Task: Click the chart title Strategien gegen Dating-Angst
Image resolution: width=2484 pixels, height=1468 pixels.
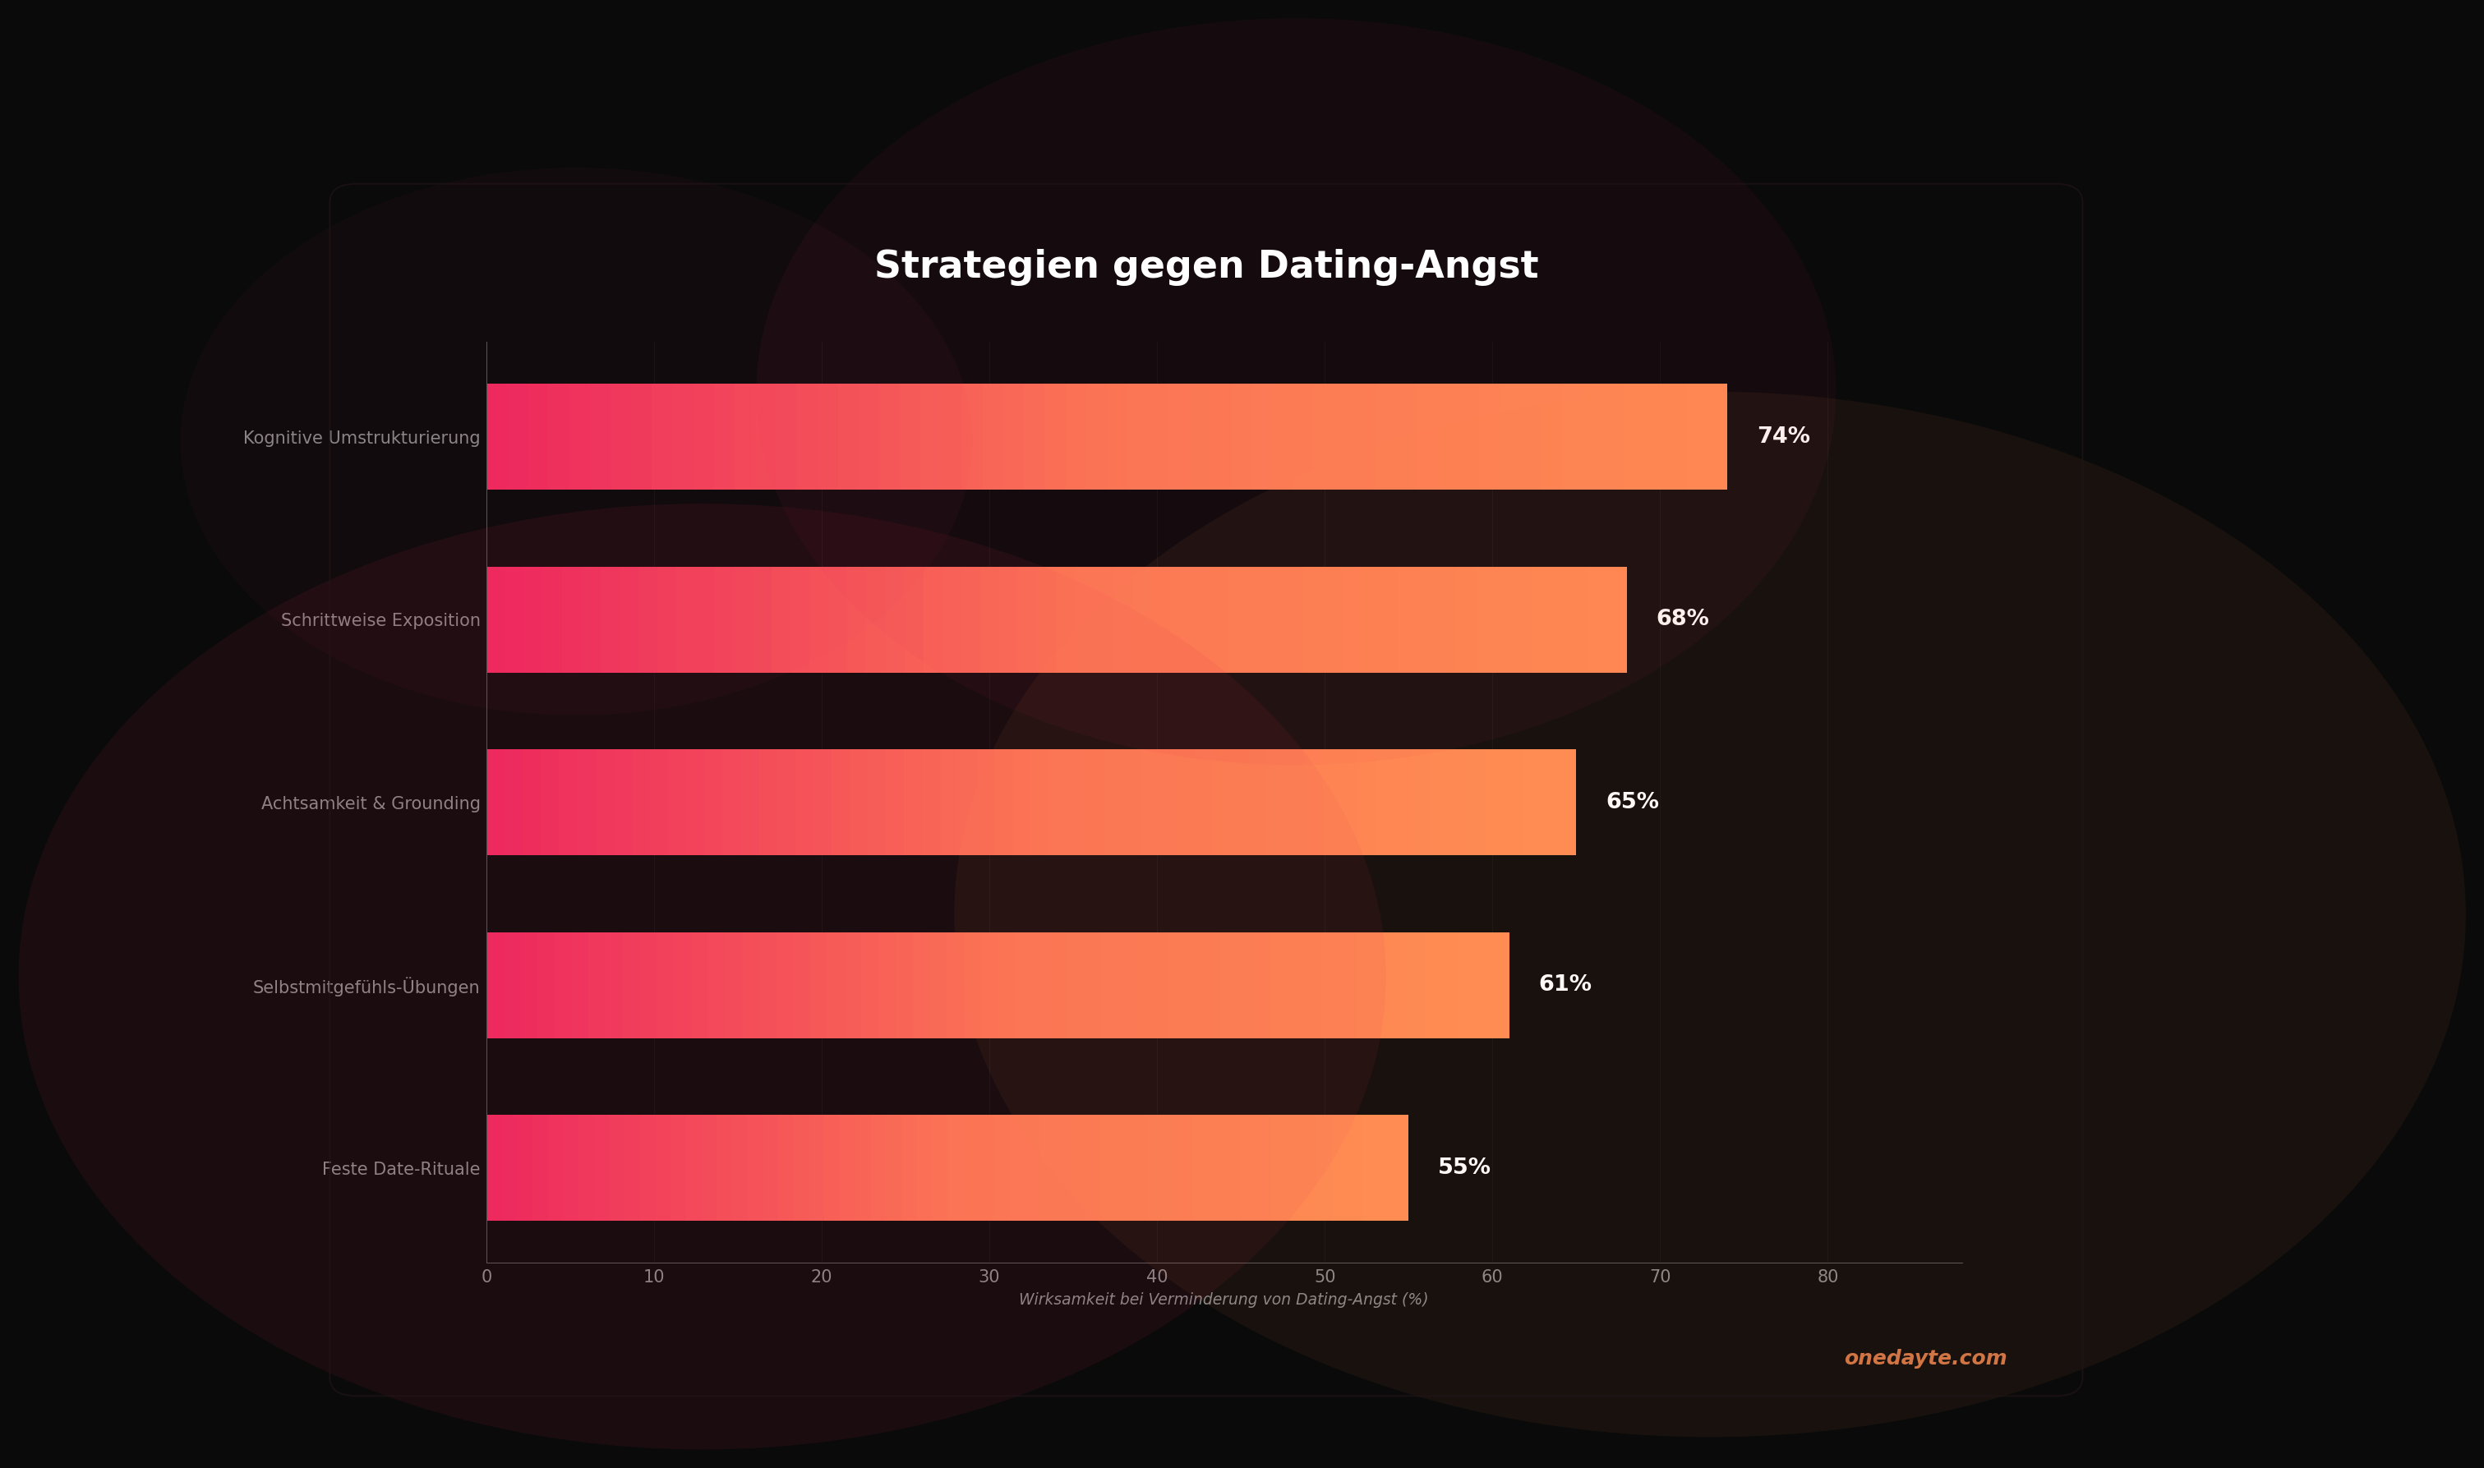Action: [x=1206, y=266]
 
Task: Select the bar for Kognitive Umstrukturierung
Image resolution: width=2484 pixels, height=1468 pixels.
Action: [x=1106, y=436]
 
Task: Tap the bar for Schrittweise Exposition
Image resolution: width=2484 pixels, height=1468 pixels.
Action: [x=1056, y=619]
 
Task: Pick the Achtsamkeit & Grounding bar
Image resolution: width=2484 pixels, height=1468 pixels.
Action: [x=1030, y=803]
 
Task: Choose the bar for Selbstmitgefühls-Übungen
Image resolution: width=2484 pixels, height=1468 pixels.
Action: [x=998, y=985]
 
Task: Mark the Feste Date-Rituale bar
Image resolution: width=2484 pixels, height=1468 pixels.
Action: [x=947, y=1167]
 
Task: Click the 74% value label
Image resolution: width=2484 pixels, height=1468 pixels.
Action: [x=1782, y=436]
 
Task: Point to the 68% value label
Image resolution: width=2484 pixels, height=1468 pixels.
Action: [x=1682, y=619]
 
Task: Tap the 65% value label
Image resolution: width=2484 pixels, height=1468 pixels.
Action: [x=1631, y=801]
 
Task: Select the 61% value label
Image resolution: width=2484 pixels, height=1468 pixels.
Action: [x=1564, y=983]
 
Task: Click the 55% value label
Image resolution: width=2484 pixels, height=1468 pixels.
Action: [x=1463, y=1167]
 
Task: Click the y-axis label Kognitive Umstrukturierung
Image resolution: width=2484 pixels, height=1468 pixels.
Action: [x=361, y=437]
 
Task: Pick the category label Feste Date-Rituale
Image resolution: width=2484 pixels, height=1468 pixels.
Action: [x=401, y=1168]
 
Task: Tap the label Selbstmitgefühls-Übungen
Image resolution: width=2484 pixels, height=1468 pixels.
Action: [x=366, y=987]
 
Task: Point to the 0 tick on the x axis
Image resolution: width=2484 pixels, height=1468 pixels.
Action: [x=486, y=1276]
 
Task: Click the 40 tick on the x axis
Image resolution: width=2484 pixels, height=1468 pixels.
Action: [x=1156, y=1276]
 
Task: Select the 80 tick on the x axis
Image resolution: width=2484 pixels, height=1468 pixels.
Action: [x=1827, y=1276]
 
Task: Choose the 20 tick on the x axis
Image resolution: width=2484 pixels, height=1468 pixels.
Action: [x=821, y=1276]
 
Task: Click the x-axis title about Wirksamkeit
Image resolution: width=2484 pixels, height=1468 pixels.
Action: [x=1223, y=1299]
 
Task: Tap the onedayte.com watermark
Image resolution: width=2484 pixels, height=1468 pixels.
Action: [x=1924, y=1357]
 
